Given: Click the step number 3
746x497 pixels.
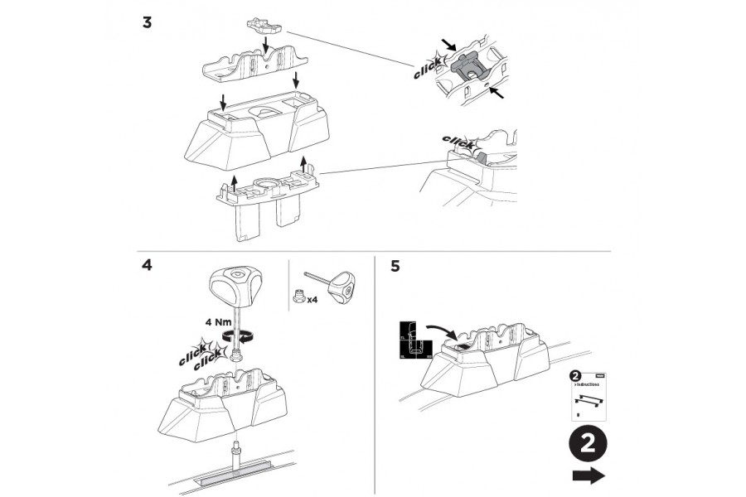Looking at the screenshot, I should click(147, 22).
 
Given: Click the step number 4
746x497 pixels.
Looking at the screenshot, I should click(147, 267).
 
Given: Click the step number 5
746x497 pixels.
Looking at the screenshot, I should click(395, 267).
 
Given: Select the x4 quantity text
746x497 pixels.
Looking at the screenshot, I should click(313, 301).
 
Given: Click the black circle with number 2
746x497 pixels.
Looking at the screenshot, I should click(587, 443).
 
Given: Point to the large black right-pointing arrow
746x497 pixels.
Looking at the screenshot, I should click(587, 475).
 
